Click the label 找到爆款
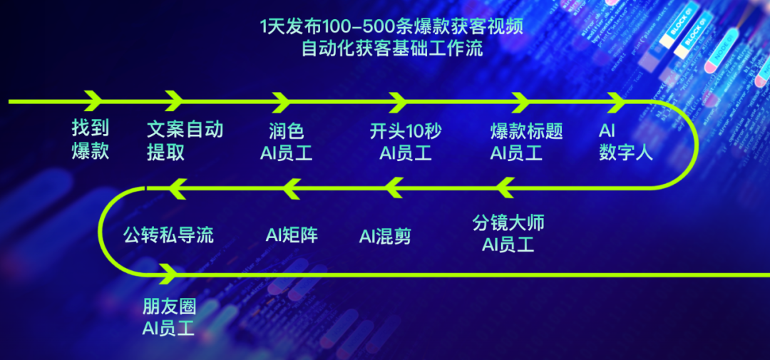(91, 140)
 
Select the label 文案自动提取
(185, 140)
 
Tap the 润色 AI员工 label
(286, 141)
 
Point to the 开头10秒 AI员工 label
(406, 141)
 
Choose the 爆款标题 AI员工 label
(526, 141)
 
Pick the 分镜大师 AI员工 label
(508, 234)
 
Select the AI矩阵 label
(292, 235)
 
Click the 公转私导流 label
(168, 235)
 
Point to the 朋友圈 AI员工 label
(169, 317)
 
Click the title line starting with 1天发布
(393, 28)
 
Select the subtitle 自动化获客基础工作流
(392, 49)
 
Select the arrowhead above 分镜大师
(505, 188)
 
